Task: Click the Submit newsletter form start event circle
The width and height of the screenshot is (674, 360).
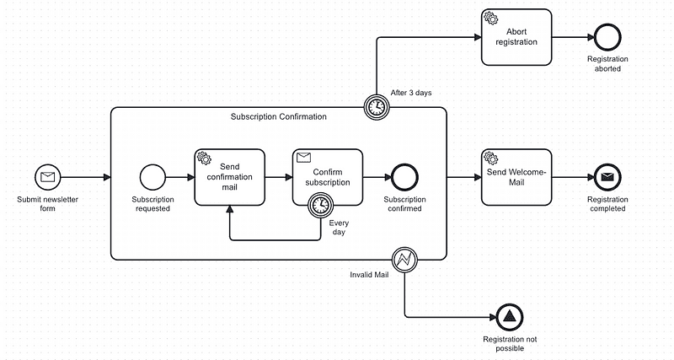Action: coord(48,177)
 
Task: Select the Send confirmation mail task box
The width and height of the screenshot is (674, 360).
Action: coord(229,177)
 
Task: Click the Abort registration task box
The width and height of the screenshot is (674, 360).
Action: coord(516,36)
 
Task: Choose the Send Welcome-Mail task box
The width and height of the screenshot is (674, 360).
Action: coord(516,177)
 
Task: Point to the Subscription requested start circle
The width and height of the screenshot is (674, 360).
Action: coord(152,177)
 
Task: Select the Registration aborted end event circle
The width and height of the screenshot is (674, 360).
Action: coord(607,36)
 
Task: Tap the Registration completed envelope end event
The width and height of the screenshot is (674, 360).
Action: coord(607,177)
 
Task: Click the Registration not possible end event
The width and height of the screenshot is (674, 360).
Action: coord(509,317)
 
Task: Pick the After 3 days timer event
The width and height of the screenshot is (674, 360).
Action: coord(376,106)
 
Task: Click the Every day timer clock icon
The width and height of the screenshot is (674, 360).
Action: coord(320,205)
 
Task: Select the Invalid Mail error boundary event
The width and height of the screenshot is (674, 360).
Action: coord(404,260)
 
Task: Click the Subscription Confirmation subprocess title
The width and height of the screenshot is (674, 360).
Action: coord(278,116)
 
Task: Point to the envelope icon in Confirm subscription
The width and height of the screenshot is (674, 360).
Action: coord(304,157)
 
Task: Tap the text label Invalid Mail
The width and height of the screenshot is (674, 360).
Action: coord(369,275)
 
